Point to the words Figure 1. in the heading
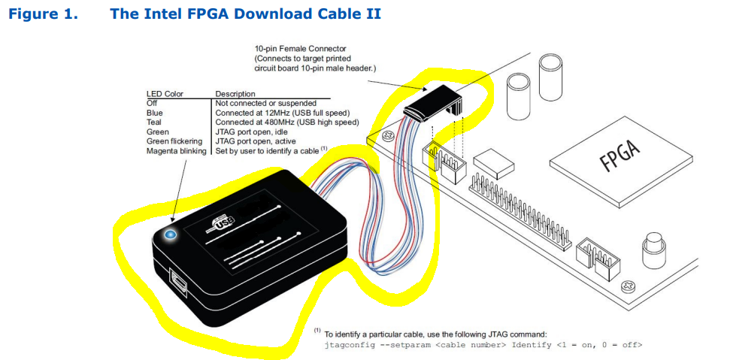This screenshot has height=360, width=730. click(x=43, y=14)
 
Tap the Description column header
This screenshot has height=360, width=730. click(x=235, y=94)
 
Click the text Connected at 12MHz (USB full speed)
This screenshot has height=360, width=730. click(x=286, y=112)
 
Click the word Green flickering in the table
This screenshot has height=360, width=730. click(x=174, y=141)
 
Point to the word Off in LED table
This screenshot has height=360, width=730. click(x=151, y=103)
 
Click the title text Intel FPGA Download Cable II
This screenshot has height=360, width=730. click(x=245, y=14)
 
